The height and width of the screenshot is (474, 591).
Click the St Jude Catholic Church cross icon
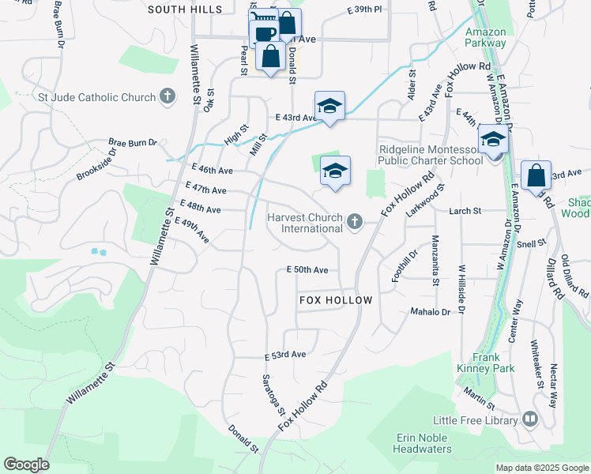tap(167, 97)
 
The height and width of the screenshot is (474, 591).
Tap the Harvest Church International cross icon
tap(355, 222)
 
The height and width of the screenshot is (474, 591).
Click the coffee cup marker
tap(264, 33)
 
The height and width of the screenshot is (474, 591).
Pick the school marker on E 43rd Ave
tap(329, 106)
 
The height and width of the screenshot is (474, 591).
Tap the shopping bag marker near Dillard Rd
tap(536, 175)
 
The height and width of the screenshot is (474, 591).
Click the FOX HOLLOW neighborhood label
tap(335, 301)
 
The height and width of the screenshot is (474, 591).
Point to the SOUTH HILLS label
tap(185, 9)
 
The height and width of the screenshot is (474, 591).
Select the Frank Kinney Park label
tap(485, 363)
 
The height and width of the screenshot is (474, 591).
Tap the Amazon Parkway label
tap(485, 37)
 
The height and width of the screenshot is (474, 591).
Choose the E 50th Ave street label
tap(307, 269)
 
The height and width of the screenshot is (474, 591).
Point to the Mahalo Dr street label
tap(430, 312)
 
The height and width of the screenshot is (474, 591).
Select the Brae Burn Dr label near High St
tap(133, 143)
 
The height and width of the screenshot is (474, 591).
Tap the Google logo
tap(26, 465)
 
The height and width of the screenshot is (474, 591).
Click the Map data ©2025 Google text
tap(542, 468)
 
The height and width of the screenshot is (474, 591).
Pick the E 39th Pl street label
tap(363, 9)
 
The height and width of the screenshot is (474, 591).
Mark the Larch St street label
tap(465, 211)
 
